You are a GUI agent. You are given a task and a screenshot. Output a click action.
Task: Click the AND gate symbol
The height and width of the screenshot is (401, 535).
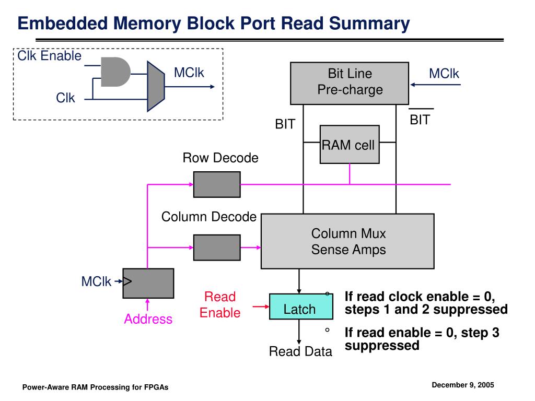coord(115,72)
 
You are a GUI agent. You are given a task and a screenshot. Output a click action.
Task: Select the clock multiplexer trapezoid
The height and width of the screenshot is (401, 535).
coord(156,86)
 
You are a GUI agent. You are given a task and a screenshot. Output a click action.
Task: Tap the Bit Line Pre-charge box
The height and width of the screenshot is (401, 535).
coord(350,83)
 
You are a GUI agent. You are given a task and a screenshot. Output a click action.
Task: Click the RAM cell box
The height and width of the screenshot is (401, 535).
coord(350,144)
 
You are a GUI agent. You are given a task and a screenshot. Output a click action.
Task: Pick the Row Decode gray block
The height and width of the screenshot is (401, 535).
coord(217,184)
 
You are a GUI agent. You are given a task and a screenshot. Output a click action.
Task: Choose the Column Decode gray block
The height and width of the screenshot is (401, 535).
coord(217,247)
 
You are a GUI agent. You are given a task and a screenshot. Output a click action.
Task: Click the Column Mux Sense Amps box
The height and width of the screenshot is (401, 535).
coord(347,241)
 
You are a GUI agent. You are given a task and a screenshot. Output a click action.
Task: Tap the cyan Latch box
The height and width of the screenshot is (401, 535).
coord(301,306)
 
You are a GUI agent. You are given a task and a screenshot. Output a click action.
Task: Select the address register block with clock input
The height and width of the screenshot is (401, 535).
coord(148,284)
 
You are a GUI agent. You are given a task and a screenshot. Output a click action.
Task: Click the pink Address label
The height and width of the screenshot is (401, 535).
coord(148,319)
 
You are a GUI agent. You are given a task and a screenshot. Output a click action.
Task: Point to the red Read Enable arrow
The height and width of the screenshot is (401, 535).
coord(261,306)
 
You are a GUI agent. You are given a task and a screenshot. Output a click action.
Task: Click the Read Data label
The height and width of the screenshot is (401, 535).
coord(300,351)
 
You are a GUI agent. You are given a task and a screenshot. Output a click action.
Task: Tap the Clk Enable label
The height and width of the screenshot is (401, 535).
coord(50,55)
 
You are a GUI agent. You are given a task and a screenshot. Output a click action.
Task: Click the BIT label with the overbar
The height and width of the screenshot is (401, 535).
coord(421,117)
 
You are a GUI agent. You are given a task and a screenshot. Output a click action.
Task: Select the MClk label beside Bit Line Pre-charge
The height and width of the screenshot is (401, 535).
coord(444,73)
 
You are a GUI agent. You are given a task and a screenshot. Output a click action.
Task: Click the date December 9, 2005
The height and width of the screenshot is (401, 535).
coord(463,385)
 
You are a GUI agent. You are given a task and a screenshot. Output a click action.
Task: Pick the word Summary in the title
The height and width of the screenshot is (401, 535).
coord(369,24)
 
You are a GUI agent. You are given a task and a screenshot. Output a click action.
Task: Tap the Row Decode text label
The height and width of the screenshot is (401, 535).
coord(220,158)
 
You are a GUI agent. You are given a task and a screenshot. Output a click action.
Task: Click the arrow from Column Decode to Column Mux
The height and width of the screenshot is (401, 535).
coord(251,247)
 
